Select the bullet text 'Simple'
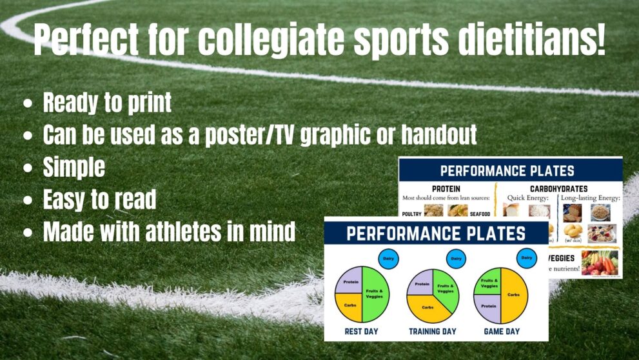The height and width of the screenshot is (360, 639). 74,168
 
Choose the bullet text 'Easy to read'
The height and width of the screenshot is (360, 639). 99,200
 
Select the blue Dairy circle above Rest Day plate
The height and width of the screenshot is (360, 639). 388,258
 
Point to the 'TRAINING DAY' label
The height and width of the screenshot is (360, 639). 432,332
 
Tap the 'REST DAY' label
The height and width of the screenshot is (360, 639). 361,332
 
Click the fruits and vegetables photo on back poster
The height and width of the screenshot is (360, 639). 599,263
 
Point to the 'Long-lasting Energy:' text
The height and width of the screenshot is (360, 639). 589,198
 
